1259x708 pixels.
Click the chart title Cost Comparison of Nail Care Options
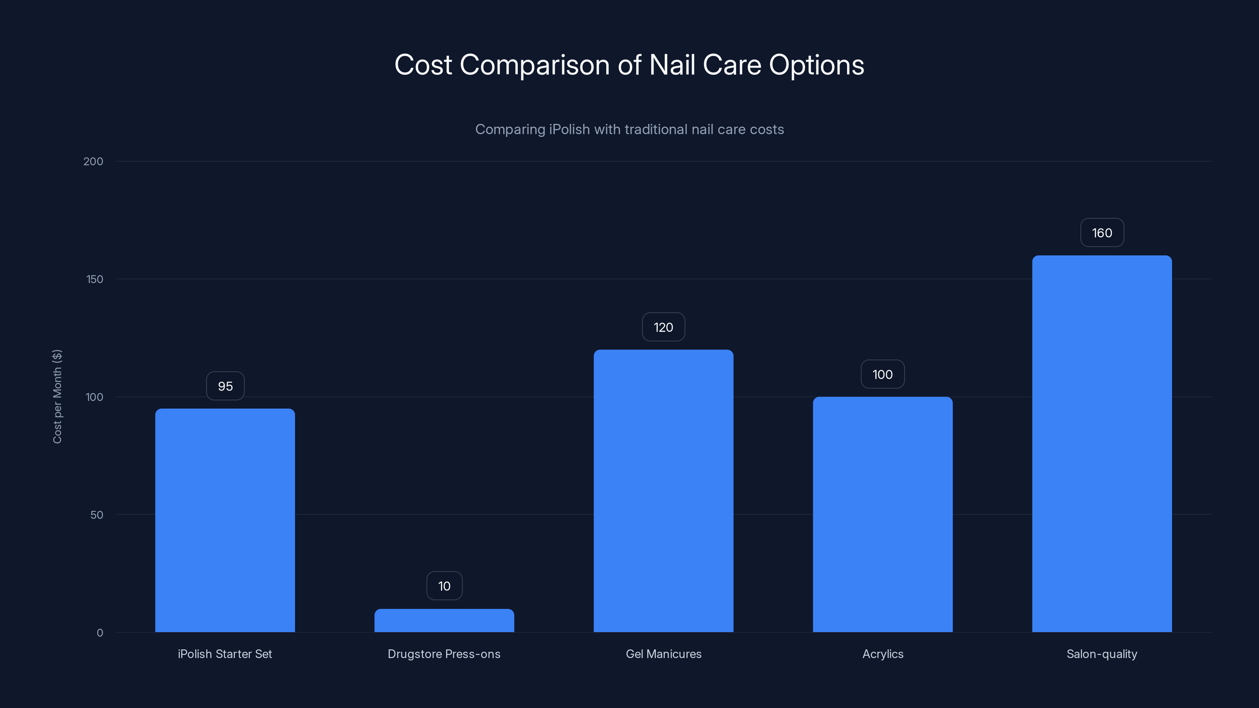(x=629, y=65)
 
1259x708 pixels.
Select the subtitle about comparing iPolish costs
(x=629, y=129)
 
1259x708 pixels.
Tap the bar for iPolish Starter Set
(x=225, y=520)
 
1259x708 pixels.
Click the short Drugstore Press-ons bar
(x=444, y=621)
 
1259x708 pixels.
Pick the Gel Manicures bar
(x=663, y=491)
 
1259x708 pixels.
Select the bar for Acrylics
(x=882, y=514)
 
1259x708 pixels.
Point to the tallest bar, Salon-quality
(x=1102, y=444)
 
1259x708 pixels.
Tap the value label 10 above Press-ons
(x=444, y=586)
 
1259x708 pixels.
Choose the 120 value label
(x=663, y=327)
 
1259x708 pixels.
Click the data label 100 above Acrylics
(x=882, y=375)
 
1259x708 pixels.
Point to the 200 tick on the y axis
(x=93, y=162)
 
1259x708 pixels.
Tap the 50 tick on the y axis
(x=97, y=515)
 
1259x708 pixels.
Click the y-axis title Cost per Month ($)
(x=57, y=396)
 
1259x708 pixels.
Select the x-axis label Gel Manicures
(x=663, y=654)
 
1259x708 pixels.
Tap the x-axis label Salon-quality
(x=1102, y=654)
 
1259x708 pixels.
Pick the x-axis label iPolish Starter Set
(x=225, y=654)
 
